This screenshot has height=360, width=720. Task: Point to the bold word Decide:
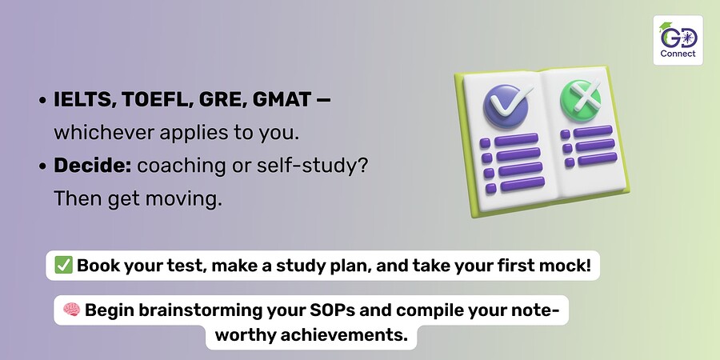click(93, 166)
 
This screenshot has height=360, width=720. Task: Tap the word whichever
click(104, 133)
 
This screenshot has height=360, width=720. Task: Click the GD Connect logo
click(678, 40)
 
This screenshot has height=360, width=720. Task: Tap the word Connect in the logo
click(678, 54)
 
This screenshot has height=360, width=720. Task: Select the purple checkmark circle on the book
click(506, 106)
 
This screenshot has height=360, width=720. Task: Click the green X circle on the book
click(581, 100)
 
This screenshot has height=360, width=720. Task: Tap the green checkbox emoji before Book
click(63, 266)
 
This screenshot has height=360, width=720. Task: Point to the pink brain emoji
click(72, 310)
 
